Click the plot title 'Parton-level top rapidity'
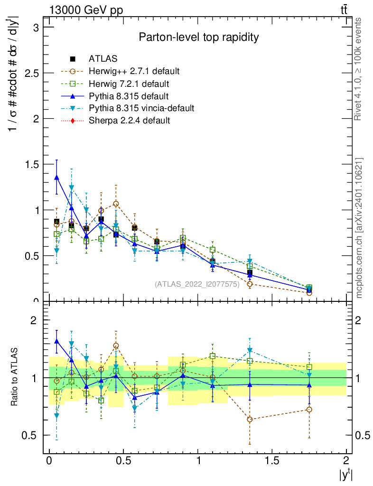pos(198,37)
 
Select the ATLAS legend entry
pos(103,59)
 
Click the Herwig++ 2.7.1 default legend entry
pos(134,71)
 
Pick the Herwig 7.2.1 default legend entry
pos(129,84)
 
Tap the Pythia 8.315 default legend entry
pos(129,96)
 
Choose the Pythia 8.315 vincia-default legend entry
pos(141,108)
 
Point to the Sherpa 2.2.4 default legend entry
pos(129,121)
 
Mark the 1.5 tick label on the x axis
pos(272,461)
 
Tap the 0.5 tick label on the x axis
pos(123,461)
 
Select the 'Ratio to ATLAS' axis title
pos(15,378)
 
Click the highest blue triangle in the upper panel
pos(57,178)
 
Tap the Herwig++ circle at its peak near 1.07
pos(116,204)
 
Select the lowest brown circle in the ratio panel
pos(250,420)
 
